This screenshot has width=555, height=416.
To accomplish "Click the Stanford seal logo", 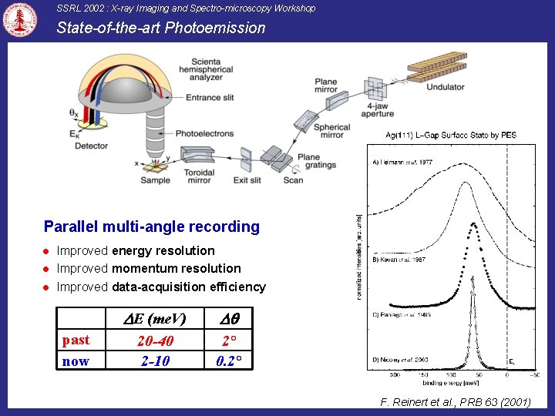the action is tap(20, 20).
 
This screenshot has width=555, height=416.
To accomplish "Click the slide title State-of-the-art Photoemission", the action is tap(161, 29).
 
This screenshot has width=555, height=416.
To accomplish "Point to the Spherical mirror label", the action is tap(332, 131).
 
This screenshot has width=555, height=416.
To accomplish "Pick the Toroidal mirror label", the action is tap(199, 176).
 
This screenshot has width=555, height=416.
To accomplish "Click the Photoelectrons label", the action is tap(204, 133).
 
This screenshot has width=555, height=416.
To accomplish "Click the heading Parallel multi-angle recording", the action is tap(152, 226).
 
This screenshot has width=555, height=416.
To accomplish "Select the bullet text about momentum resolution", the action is tap(149, 268).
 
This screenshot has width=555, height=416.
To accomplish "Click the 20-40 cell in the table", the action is tap(155, 341).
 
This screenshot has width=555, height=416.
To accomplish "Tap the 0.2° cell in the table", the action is tap(230, 361).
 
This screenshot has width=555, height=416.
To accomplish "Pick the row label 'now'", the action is tap(76, 361).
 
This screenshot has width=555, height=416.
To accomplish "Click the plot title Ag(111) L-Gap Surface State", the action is tap(451, 136).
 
